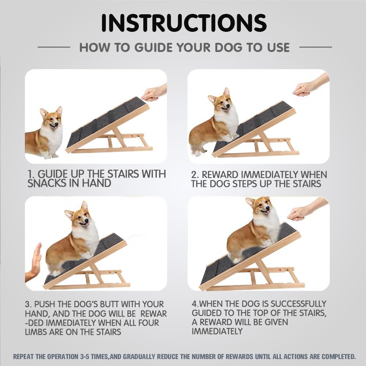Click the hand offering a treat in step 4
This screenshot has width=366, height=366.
[302, 211]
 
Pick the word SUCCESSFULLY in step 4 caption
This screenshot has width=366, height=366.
[296, 304]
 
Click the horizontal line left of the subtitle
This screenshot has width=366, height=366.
[54, 47]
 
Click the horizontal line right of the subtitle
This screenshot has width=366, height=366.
[315, 47]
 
